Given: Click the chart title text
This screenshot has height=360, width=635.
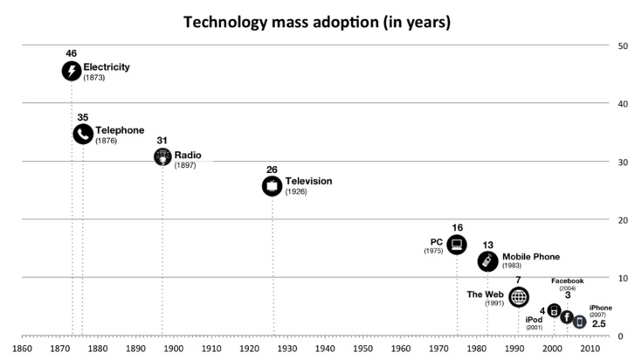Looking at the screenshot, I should point(317,22).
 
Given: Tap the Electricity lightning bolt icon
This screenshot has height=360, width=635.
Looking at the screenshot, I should point(72,71).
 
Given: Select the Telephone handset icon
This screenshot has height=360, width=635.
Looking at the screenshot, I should point(83,134).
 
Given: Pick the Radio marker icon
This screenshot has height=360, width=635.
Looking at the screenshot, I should point(162,156).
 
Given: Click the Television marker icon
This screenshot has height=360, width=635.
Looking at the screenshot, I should point(273,185).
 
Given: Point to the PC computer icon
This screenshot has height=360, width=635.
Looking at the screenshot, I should point(457,244).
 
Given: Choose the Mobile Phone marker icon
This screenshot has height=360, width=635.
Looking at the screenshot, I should point(487,261).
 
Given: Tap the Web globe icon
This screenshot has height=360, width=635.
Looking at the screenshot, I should point(519,297).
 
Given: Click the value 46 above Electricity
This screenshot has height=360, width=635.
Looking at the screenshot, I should point(72,53).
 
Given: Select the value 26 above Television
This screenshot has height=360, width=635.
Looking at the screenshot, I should point(273,170).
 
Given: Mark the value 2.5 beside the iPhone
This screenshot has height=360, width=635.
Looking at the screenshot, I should point(599,324).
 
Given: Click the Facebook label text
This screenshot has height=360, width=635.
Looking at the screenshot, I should point(567,280).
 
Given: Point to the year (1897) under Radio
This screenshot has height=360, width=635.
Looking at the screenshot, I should point(186,165).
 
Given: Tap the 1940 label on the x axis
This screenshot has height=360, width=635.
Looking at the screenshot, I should point(326,349).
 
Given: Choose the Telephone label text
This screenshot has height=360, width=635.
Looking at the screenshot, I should point(120,130).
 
